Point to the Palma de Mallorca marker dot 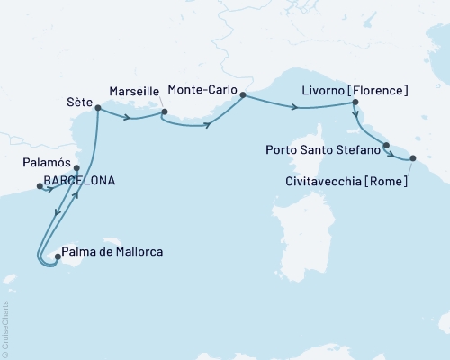pos(57,256)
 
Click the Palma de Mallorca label pos(112,252)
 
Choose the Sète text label pos(78,103)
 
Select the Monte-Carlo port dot pos(244,93)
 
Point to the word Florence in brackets pos(382,91)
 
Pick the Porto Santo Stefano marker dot pos(387,146)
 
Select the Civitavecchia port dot pos(413,158)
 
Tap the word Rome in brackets pos(389,181)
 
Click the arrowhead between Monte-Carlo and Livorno pos(296,108)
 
